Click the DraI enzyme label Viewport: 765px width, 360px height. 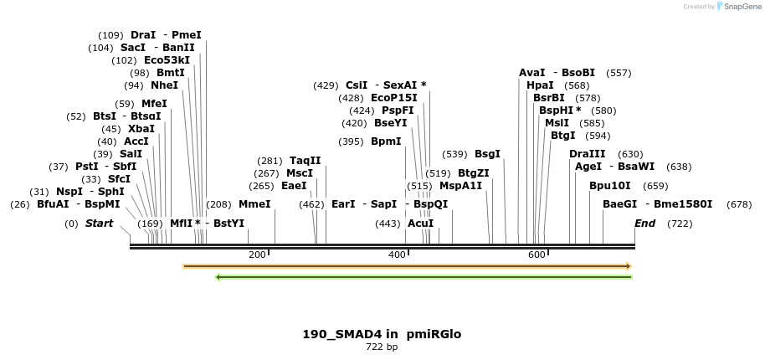pos(143,35)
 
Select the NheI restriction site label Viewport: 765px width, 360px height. pos(164,85)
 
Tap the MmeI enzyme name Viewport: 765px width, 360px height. pos(254,203)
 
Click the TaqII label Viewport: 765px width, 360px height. pos(305,161)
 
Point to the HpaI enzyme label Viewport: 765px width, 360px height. pos(540,85)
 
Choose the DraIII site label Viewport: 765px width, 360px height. pos(587,154)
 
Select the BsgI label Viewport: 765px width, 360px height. pos(487,154)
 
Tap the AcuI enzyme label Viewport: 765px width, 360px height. pos(420,224)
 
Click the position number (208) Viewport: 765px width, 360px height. pos(218,203)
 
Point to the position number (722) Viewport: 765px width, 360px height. pos(680,224)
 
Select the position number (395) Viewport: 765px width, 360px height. pos(351,141)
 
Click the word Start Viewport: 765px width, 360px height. pos(99,224)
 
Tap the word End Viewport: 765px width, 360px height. pos(644,224)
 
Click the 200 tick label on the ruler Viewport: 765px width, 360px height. pos(257,255)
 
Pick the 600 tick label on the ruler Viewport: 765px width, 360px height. pos(537,255)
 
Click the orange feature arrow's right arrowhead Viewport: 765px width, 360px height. pos(628,266)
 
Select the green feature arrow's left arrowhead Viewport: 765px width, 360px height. pos(218,277)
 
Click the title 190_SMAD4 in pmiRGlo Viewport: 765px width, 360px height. pos(382,334)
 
